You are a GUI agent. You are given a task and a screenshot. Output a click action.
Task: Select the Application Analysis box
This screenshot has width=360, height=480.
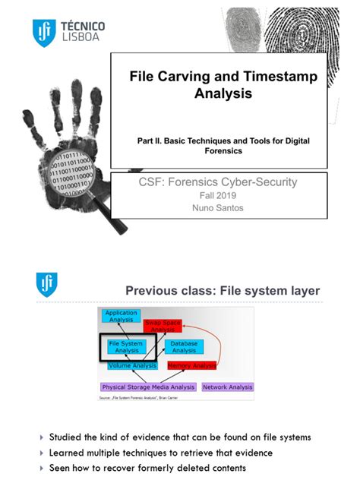pos(122,316)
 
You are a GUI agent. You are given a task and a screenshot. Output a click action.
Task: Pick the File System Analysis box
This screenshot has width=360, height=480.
pos(127,347)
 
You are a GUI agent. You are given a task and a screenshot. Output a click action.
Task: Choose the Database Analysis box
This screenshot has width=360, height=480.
pos(184,347)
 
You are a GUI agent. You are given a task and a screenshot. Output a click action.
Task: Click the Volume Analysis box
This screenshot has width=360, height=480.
pos(132,366)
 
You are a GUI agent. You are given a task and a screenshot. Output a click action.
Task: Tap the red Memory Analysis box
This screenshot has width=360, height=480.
pos(191,366)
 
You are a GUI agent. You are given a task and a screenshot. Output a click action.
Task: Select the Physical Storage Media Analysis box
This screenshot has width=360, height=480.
pos(149,387)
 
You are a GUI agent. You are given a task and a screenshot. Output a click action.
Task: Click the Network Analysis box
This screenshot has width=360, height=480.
pos(228,387)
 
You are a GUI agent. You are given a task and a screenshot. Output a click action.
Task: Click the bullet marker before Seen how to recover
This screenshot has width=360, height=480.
pos(42,469)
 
